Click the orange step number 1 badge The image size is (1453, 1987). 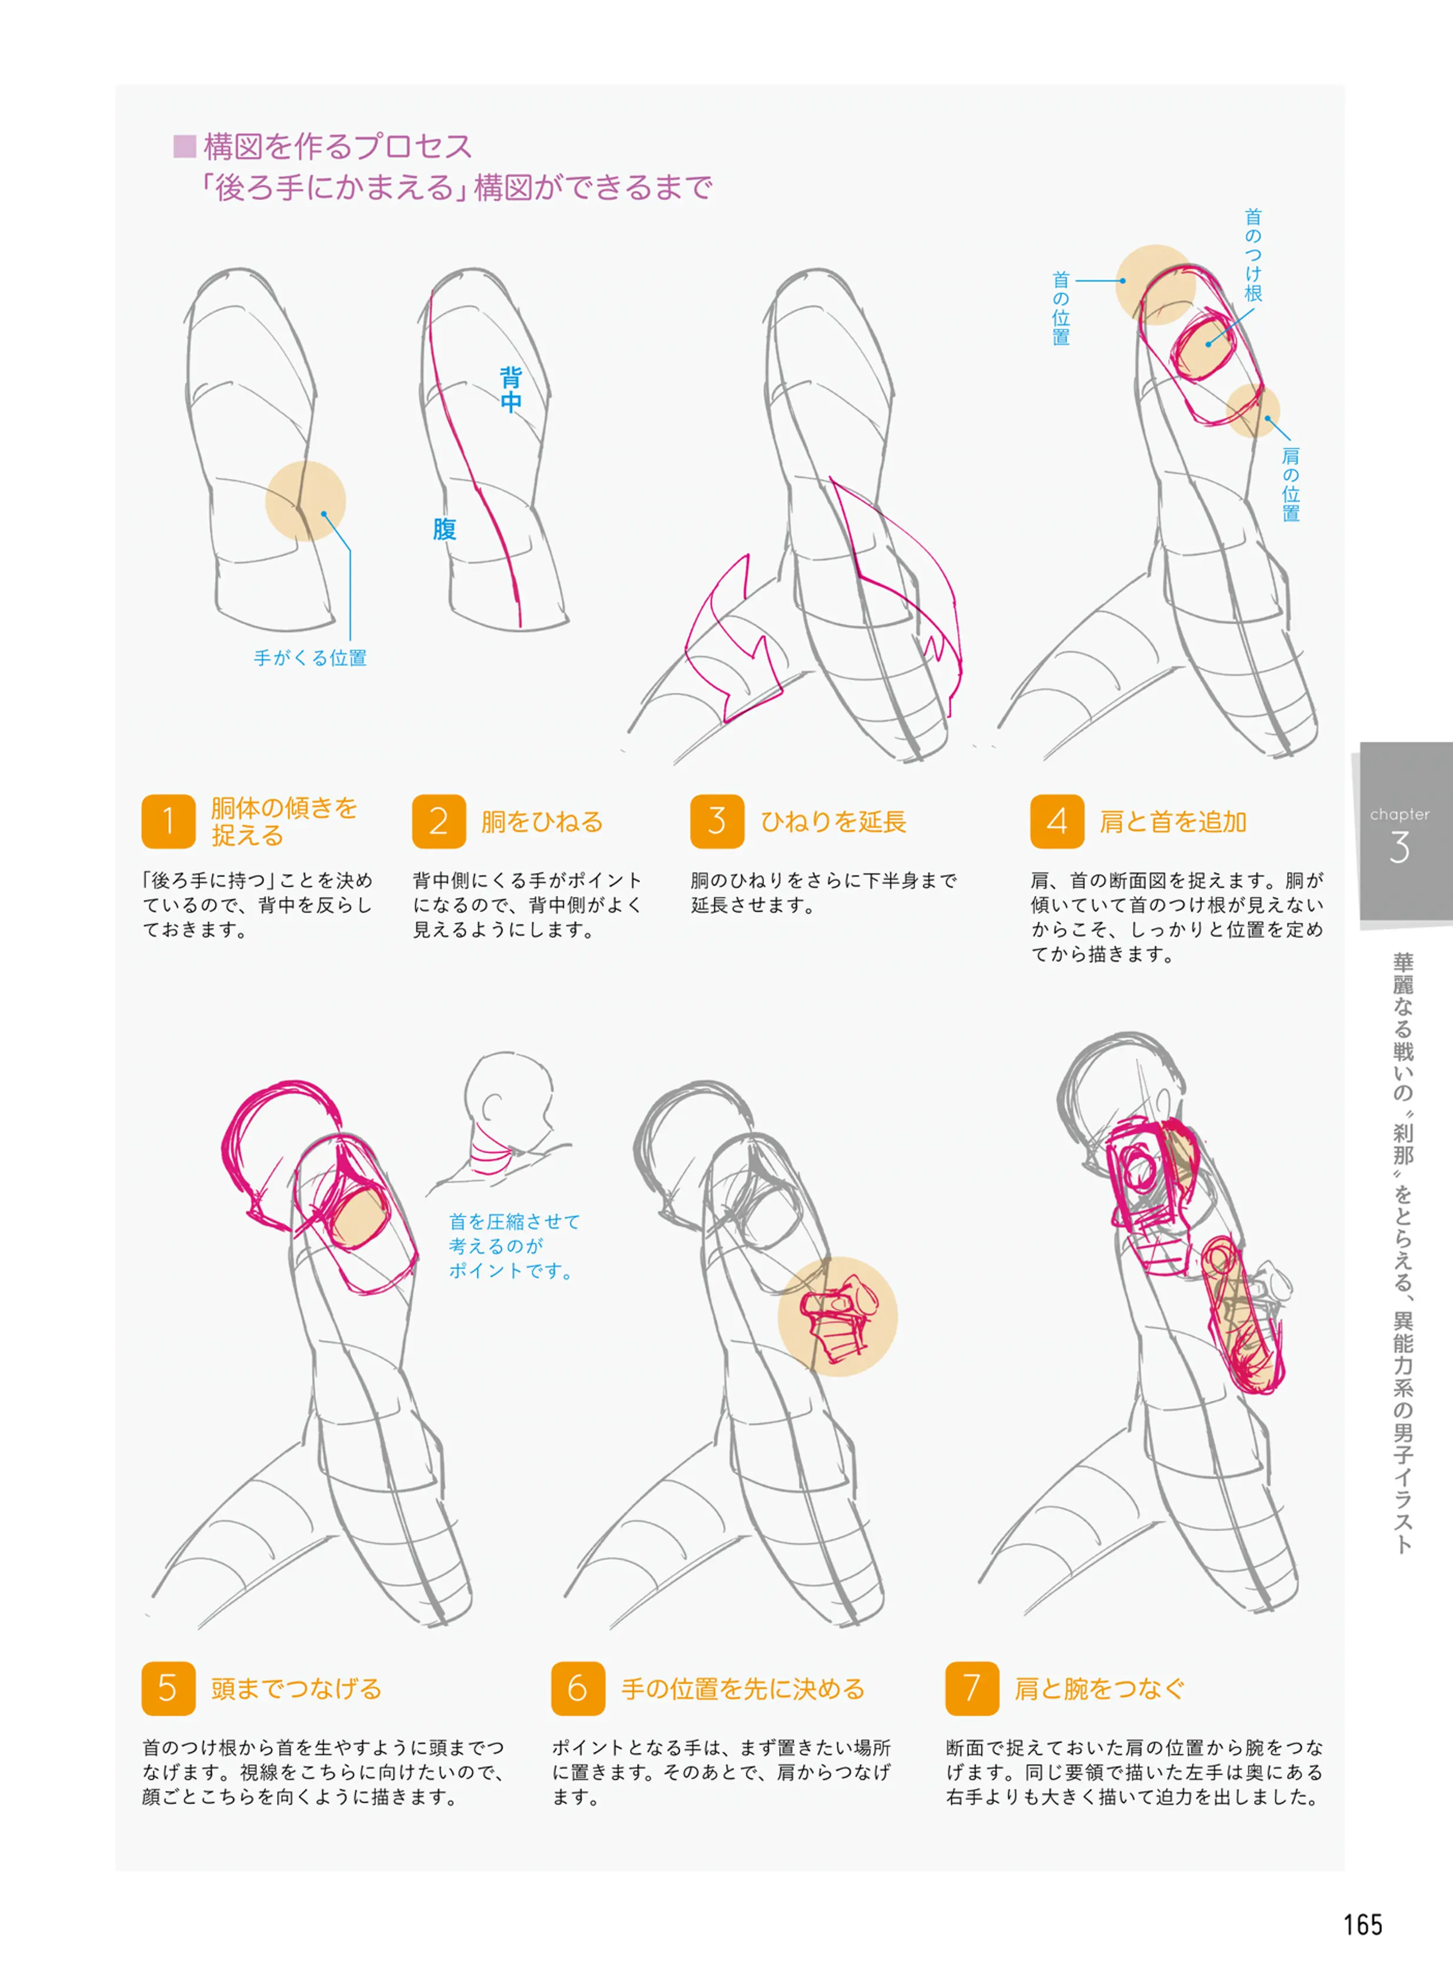coord(168,821)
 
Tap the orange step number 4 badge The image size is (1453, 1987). coord(1057,821)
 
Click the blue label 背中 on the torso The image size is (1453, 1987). coord(510,390)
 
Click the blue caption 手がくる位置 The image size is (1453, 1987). coord(310,658)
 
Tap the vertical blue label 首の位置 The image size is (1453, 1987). coord(1061,308)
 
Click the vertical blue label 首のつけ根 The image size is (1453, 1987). coord(1252,255)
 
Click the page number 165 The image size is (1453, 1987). coord(1362,1925)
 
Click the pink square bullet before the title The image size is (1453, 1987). coord(184,146)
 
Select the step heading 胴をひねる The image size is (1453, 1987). coord(542,821)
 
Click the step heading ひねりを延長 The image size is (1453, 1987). coord(833,821)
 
